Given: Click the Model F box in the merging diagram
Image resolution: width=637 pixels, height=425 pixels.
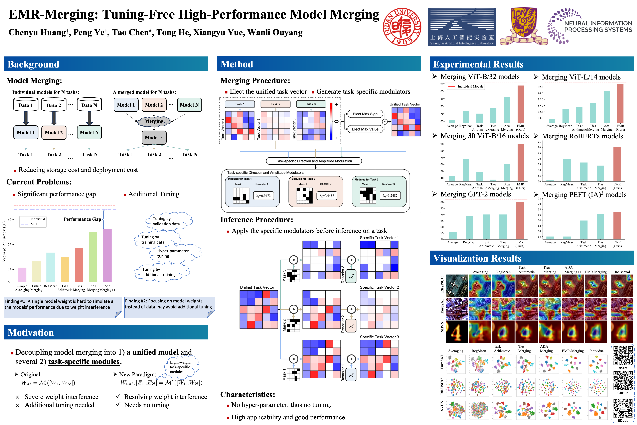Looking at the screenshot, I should (x=154, y=137).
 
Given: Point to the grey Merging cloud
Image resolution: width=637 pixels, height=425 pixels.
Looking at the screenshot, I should (x=154, y=121).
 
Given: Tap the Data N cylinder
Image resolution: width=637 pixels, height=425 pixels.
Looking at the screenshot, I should (x=89, y=105).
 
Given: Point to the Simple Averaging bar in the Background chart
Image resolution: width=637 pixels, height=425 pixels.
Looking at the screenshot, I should (x=22, y=275).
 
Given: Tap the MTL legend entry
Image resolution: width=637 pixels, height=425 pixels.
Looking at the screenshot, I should (x=34, y=224).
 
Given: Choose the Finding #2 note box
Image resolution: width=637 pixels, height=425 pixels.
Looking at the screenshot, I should (x=169, y=307).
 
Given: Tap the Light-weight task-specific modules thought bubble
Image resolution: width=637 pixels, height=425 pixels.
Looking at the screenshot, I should (x=181, y=367).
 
